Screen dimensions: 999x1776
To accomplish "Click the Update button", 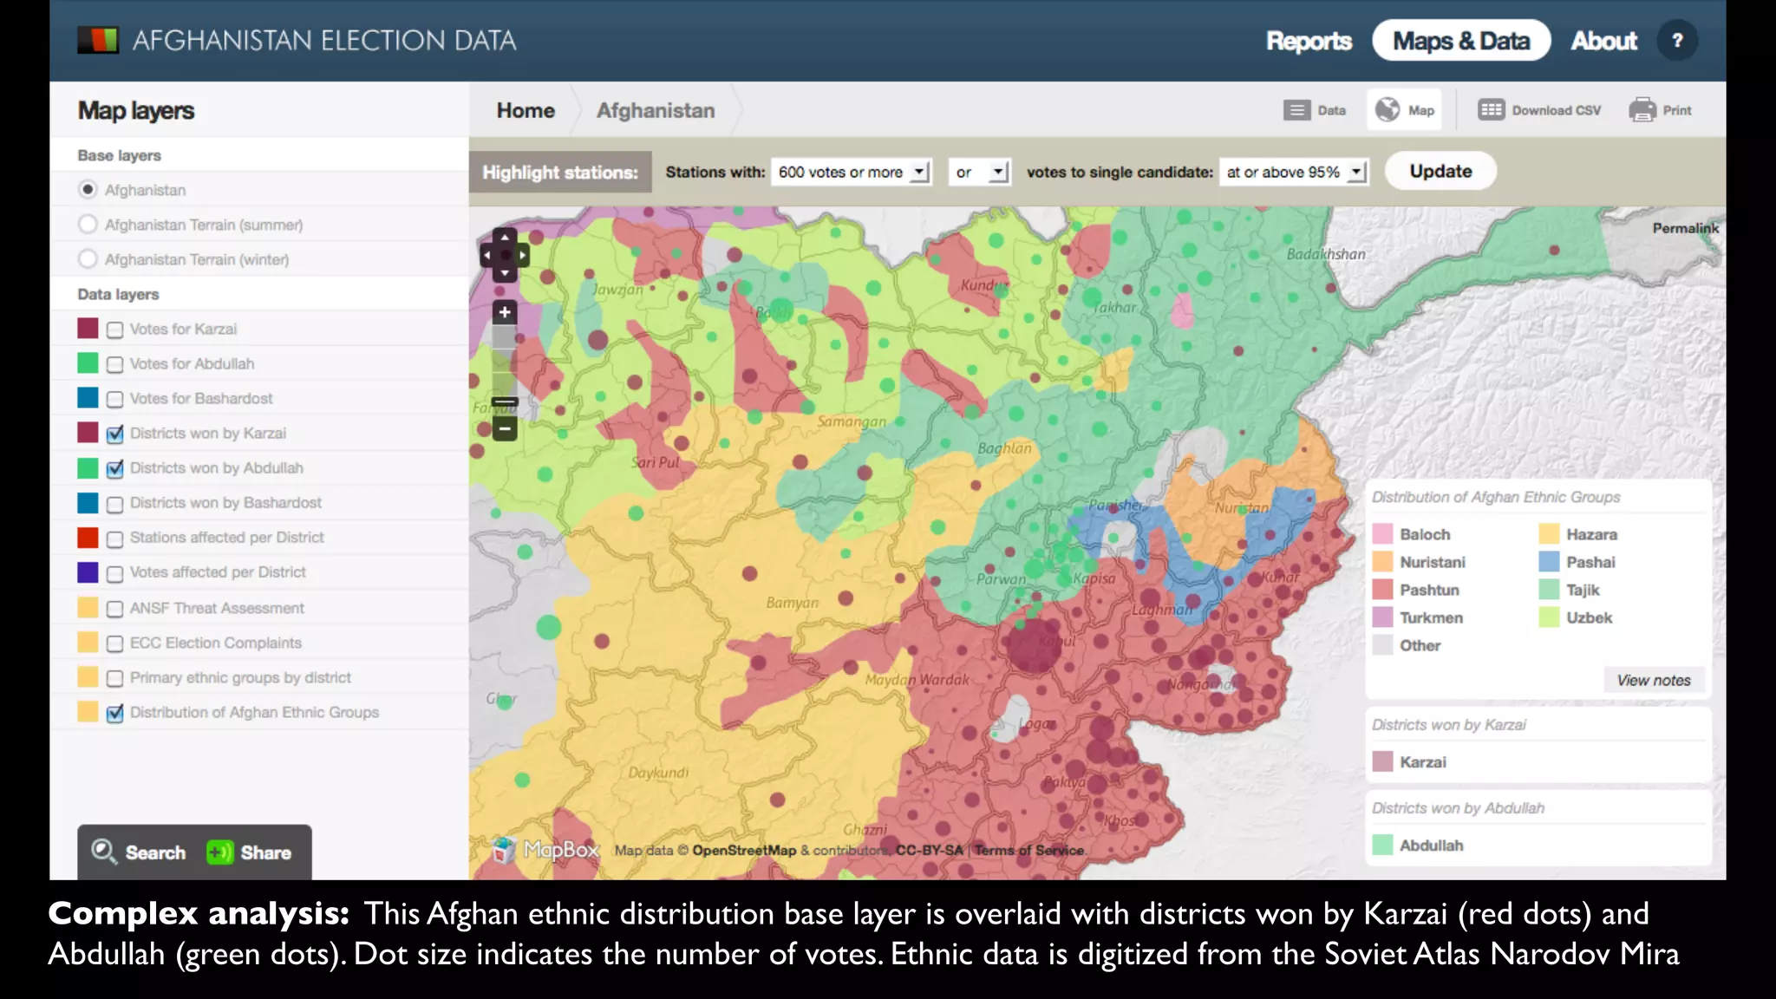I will point(1440,171).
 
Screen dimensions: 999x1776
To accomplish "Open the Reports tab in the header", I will point(1309,41).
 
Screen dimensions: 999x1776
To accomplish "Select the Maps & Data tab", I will point(1460,41).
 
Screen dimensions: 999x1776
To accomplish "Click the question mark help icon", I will point(1677,41).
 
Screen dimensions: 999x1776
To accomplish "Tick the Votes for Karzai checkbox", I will point(114,330).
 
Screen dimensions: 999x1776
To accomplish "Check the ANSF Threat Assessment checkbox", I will point(114,609).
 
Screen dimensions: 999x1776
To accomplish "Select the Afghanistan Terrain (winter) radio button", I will point(88,259).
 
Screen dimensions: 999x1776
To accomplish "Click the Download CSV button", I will point(1540,110).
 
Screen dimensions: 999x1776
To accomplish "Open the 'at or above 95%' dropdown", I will point(1295,172).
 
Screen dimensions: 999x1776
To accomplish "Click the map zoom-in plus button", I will point(505,312).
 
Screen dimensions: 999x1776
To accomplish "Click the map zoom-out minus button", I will point(505,428).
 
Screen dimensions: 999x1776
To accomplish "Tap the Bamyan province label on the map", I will point(792,603).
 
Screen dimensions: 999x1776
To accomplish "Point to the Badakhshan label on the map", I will point(1326,254).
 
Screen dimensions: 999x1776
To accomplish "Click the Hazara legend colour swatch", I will point(1549,534).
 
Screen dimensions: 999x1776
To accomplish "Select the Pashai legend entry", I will point(1590,562).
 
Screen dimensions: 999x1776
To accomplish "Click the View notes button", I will point(1653,680).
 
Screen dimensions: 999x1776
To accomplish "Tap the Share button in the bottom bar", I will point(250,852).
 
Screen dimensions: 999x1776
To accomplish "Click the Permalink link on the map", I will point(1684,228).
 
